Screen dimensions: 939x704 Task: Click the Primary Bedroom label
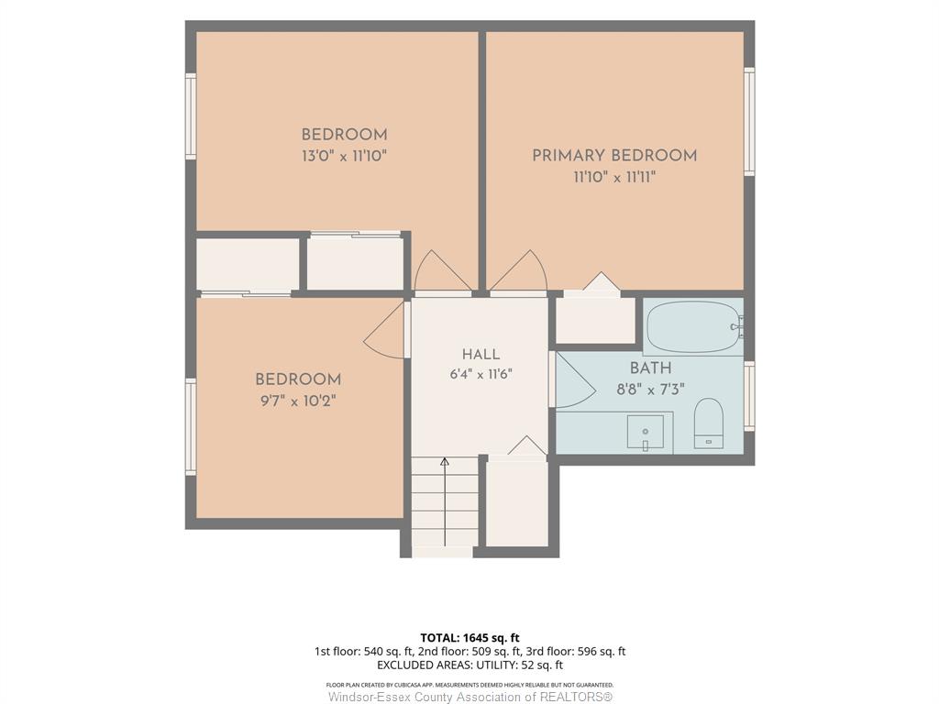pyautogui.click(x=614, y=156)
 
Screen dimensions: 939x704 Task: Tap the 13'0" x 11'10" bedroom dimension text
pyautogui.click(x=345, y=156)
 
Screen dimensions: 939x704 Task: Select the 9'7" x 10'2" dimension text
pyautogui.click(x=298, y=401)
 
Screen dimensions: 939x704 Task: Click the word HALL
pyautogui.click(x=481, y=355)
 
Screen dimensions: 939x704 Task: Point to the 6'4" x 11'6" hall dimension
pyautogui.click(x=481, y=375)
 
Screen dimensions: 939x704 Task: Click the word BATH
pyautogui.click(x=650, y=368)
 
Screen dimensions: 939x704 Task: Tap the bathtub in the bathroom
pyautogui.click(x=695, y=327)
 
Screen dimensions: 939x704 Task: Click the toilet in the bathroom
pyautogui.click(x=709, y=423)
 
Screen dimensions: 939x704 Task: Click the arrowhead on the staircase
pyautogui.click(x=445, y=462)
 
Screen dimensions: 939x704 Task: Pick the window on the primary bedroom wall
pyautogui.click(x=749, y=122)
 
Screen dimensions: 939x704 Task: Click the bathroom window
pyautogui.click(x=749, y=396)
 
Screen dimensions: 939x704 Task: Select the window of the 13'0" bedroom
pyautogui.click(x=191, y=116)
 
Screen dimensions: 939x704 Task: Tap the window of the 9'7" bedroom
pyautogui.click(x=191, y=427)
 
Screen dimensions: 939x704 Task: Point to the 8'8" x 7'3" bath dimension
pyautogui.click(x=650, y=390)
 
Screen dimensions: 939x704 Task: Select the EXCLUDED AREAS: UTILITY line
pyautogui.click(x=470, y=665)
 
